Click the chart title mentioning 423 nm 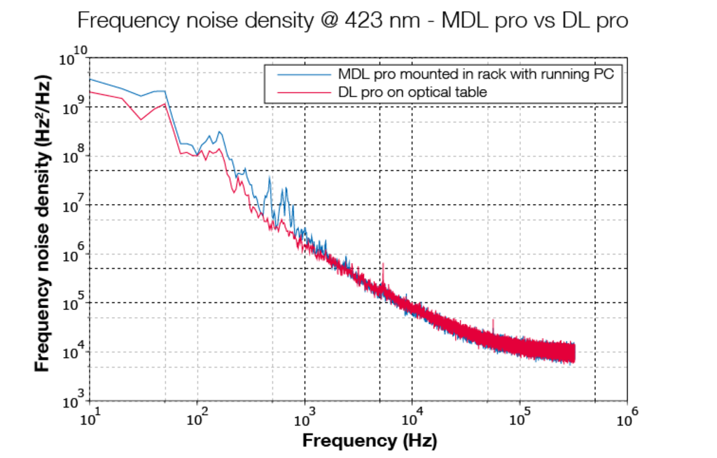[352, 20]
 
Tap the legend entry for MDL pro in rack [475, 74]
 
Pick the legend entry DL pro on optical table [412, 92]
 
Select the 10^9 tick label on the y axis [74, 106]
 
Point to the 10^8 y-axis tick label [74, 155]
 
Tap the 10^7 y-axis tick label [74, 204]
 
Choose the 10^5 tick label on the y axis [74, 302]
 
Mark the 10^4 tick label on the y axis [74, 351]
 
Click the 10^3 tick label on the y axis [74, 400]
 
